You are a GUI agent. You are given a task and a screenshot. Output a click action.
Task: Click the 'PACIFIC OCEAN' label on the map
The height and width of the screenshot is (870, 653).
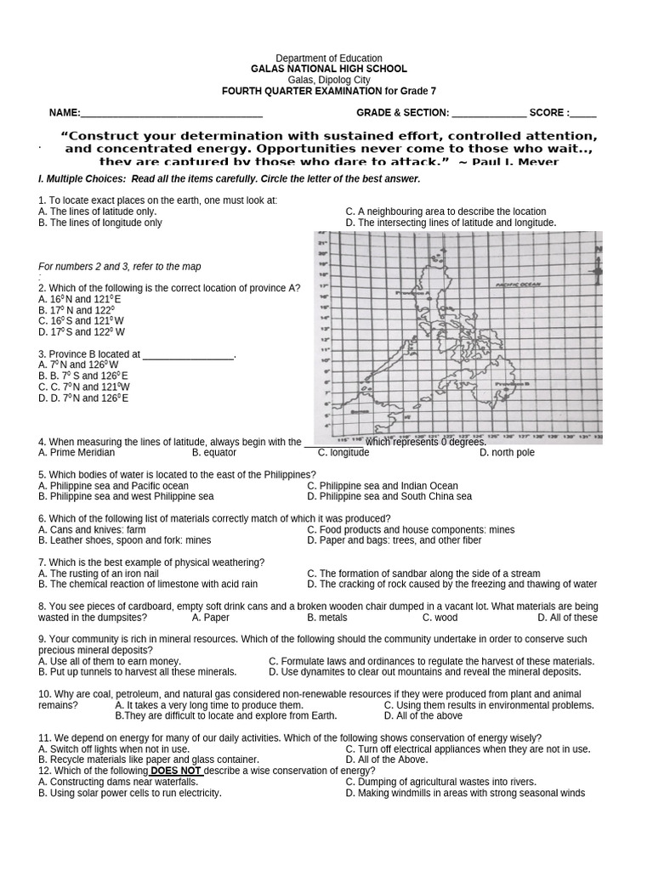[x=517, y=285]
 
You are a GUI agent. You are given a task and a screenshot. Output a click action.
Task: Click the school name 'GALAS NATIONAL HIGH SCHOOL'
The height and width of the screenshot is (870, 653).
[x=327, y=69]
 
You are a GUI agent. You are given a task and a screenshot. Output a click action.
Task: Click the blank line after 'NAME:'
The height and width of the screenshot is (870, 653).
[x=171, y=113]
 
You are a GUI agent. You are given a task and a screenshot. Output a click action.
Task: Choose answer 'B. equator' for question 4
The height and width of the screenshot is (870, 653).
[x=214, y=453]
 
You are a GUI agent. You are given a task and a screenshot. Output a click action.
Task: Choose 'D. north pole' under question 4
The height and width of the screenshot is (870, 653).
[x=507, y=453]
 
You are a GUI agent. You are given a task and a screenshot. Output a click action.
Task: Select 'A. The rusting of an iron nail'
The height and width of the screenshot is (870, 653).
[x=99, y=573]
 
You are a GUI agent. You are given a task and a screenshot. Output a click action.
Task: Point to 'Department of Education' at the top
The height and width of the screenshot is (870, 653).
[x=327, y=58]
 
